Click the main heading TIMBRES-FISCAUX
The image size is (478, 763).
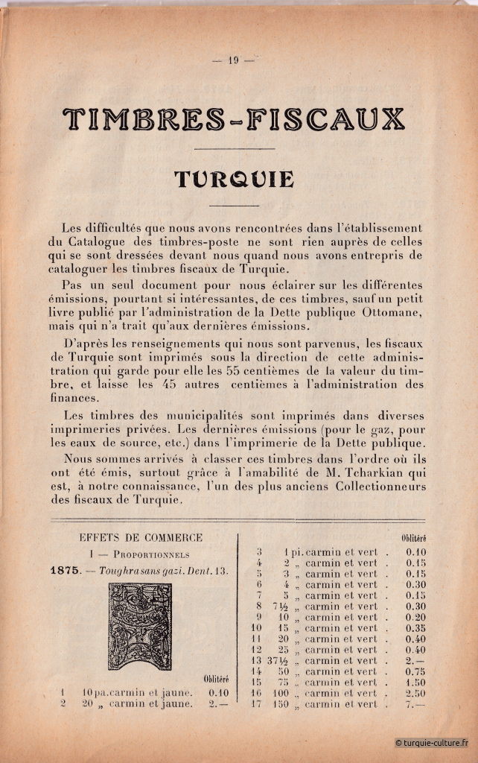234,119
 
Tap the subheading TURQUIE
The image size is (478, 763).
233,180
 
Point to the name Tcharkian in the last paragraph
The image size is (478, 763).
348,472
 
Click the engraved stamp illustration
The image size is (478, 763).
140,626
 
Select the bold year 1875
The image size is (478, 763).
66,571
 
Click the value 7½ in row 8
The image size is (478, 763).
283,607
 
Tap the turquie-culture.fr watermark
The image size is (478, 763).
432,742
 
